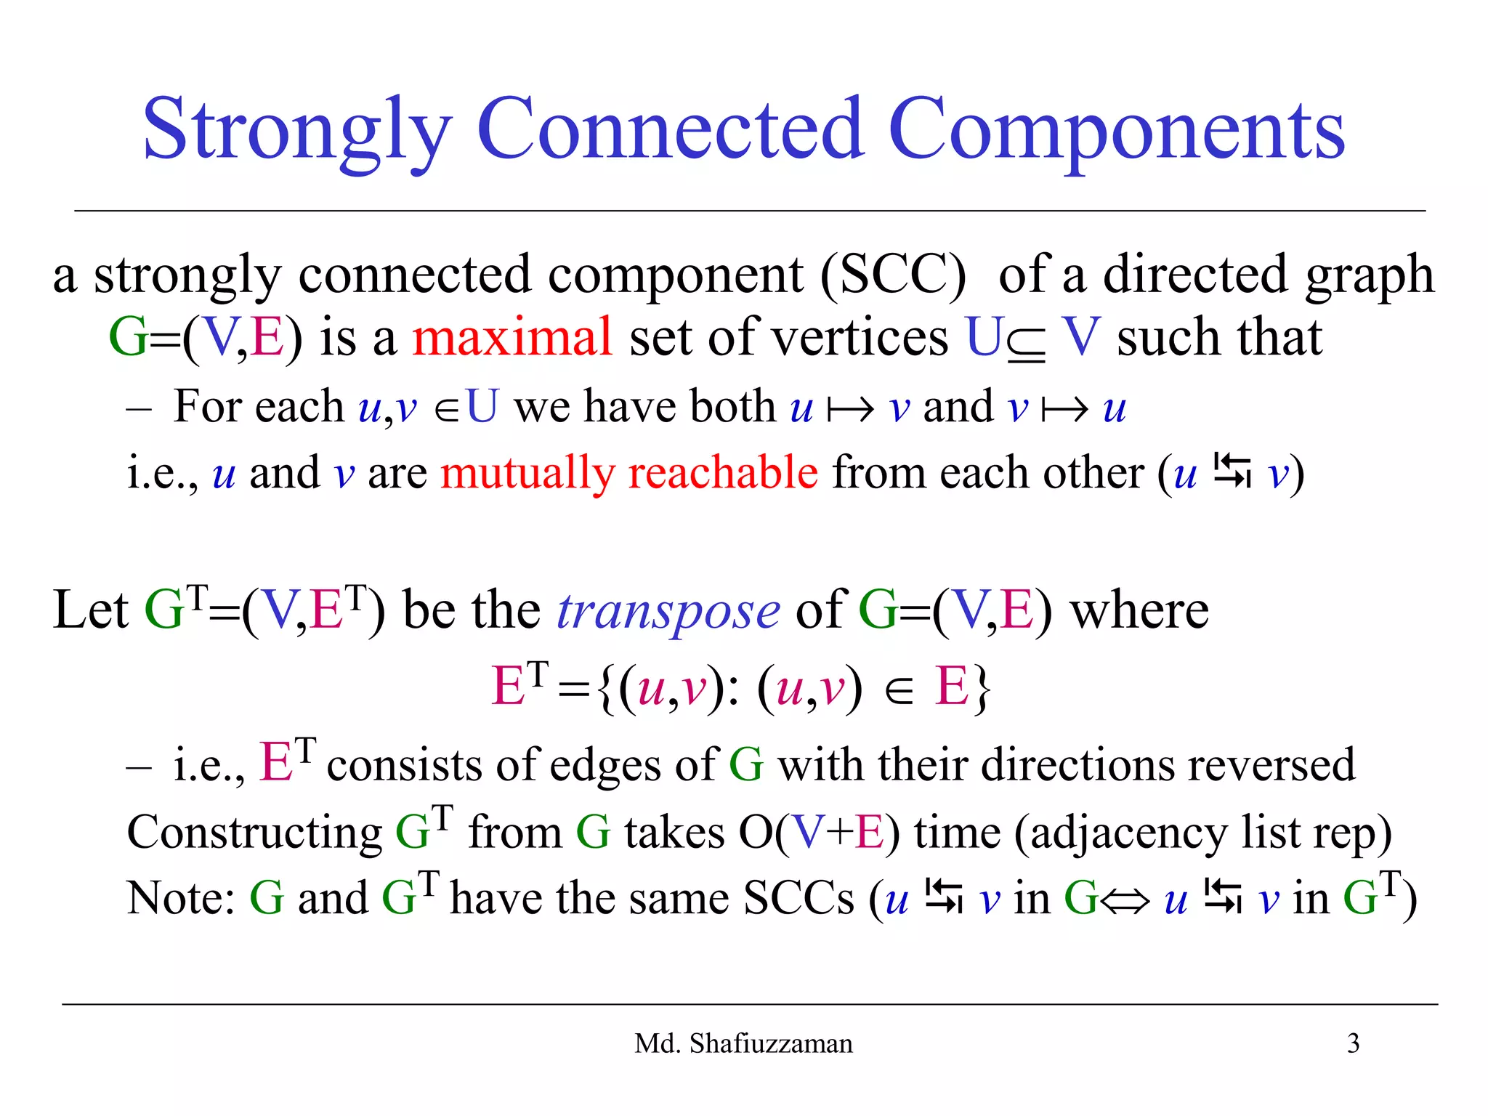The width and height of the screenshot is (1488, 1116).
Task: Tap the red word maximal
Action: tap(512, 337)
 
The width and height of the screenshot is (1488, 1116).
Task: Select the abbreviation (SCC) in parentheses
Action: tap(893, 275)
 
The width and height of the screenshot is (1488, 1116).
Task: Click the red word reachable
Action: tap(722, 472)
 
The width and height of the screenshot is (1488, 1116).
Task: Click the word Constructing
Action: tap(254, 833)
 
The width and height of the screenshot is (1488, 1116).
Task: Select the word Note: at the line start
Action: tap(180, 899)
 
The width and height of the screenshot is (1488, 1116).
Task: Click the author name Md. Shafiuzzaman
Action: tap(743, 1043)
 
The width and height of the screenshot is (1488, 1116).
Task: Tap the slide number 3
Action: tap(1353, 1043)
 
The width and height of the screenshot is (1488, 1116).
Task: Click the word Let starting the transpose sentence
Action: tap(90, 610)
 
